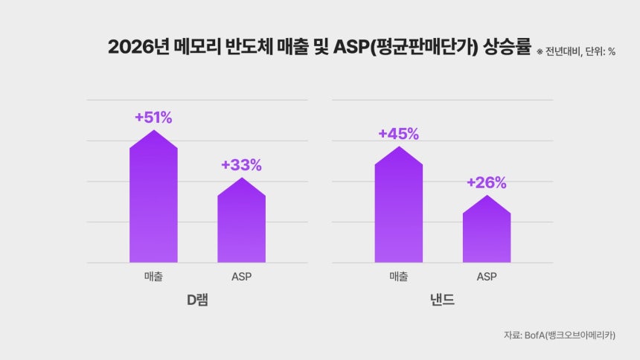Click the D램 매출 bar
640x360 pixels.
153,201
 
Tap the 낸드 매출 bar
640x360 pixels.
398,208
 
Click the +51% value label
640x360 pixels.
153,118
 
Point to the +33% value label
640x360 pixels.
241,165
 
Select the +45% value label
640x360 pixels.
398,134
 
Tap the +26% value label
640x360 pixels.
486,183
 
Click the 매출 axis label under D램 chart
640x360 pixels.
153,277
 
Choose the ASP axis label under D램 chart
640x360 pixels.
241,277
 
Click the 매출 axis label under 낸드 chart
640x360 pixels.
398,277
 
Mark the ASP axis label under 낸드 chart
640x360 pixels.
486,277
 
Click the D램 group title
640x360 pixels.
197,300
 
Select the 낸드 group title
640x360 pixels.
442,300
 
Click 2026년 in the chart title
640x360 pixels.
134,47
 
